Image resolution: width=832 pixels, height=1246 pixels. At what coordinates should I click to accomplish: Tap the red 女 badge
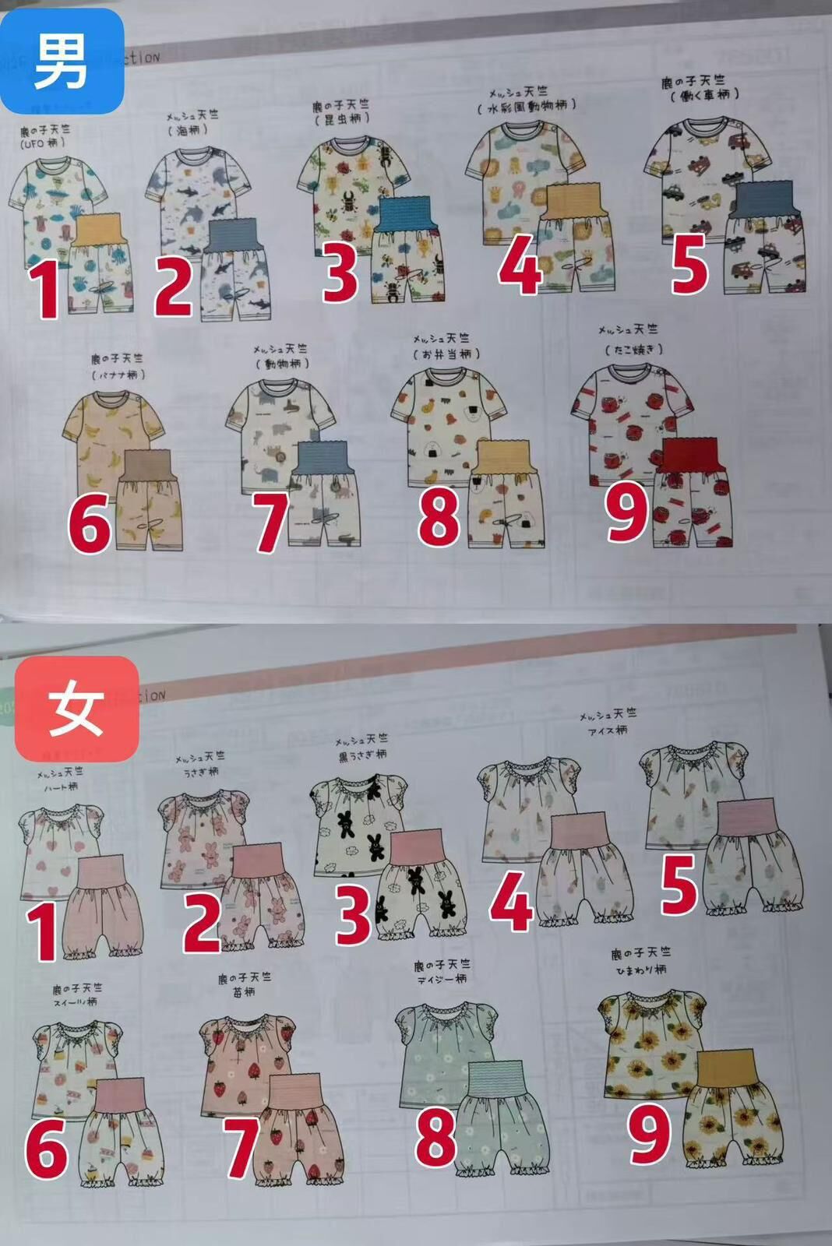(x=76, y=709)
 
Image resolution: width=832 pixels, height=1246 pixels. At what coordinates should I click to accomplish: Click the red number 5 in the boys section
(x=689, y=263)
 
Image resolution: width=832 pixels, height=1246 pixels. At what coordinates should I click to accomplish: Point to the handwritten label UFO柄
(x=43, y=143)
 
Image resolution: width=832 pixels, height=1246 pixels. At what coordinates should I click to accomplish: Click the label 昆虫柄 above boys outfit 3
(x=342, y=119)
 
